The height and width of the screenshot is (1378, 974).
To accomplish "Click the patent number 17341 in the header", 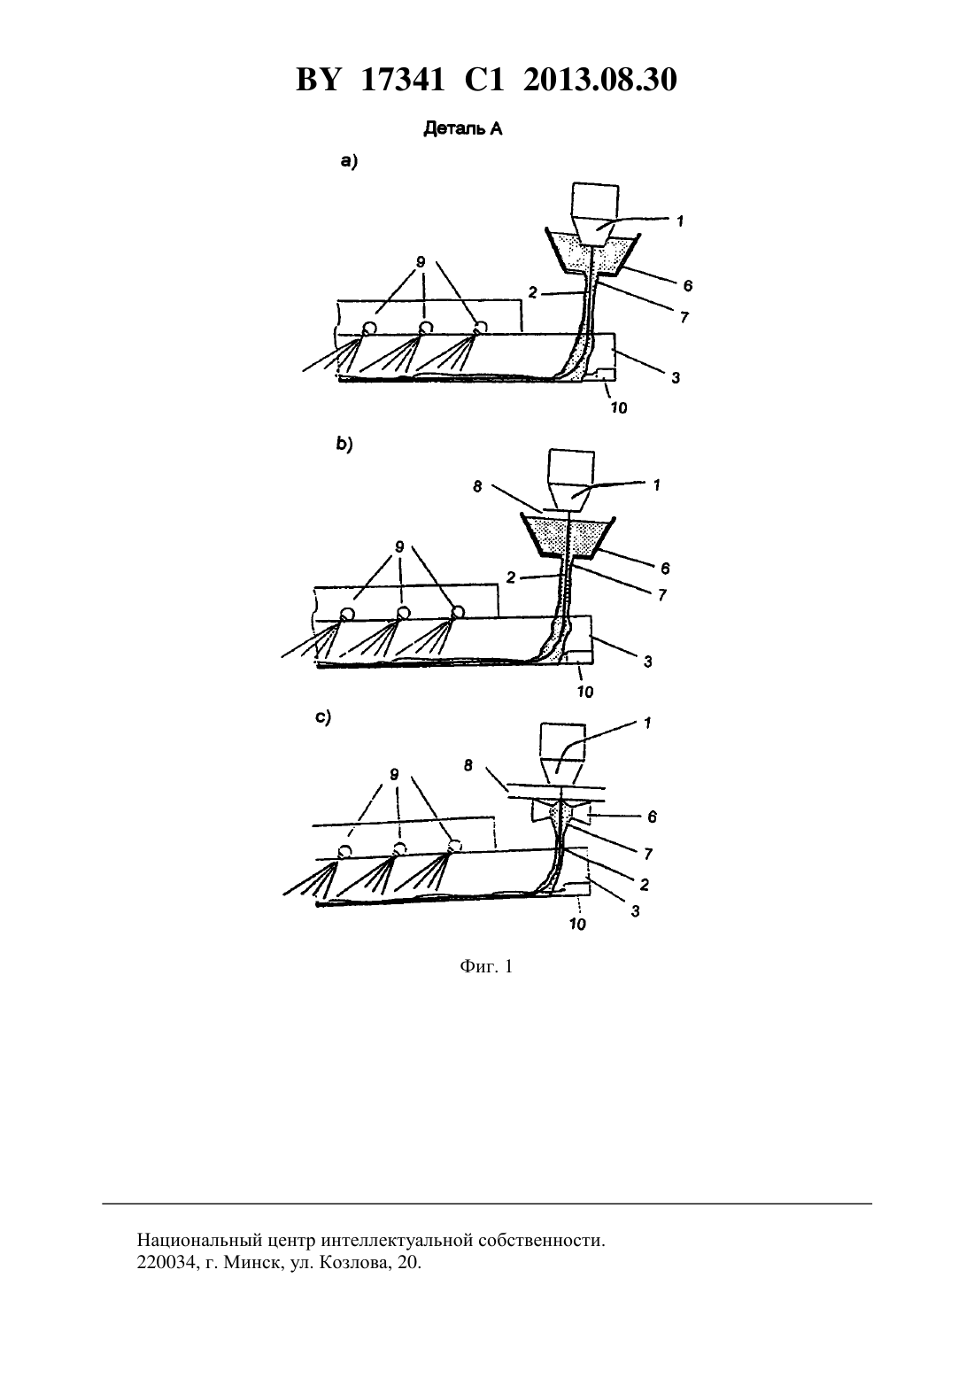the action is [x=402, y=80].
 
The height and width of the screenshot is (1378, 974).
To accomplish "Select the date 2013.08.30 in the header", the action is [x=600, y=80].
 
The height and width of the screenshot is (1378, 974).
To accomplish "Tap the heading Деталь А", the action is [x=463, y=129].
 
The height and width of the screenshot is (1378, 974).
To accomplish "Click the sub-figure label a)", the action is [x=349, y=161].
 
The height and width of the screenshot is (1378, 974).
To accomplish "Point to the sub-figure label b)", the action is [x=344, y=445].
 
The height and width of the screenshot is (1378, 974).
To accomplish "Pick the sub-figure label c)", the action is [x=323, y=717].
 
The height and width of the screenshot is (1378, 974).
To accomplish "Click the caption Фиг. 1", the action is [x=486, y=966].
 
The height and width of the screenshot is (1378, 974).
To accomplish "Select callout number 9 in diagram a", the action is [x=421, y=262].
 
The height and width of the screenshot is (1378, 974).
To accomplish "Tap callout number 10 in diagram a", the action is [x=619, y=407].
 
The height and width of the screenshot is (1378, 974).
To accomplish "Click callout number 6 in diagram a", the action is [x=687, y=285].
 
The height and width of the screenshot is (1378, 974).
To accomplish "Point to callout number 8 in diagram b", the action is [x=477, y=486].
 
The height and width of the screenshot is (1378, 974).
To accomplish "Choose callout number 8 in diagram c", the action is [x=468, y=766].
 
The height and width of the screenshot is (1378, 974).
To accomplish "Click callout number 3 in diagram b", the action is [x=647, y=662].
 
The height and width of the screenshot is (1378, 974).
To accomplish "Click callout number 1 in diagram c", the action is [x=647, y=723].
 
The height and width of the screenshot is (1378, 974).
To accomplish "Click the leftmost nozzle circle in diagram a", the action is [x=369, y=328].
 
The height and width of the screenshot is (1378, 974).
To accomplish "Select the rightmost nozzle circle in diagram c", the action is [x=454, y=846].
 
